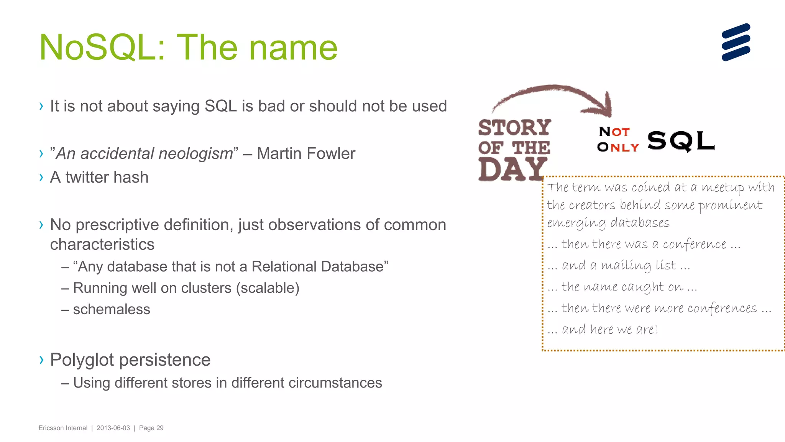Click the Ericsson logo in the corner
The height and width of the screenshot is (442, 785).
pos(736,42)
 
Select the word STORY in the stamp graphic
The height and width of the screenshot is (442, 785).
pos(514,128)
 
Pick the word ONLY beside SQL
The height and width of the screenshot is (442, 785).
pos(618,147)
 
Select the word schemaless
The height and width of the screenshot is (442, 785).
pos(112,309)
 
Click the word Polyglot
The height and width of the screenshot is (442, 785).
pos(82,360)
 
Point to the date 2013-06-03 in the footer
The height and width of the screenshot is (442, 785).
pos(113,428)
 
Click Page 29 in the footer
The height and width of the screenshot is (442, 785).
pos(151,428)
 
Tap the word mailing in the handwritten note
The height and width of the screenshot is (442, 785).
pos(626,266)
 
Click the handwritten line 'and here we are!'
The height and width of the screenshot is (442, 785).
pos(609,329)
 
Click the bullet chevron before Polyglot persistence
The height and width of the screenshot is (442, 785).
pos(41,360)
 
